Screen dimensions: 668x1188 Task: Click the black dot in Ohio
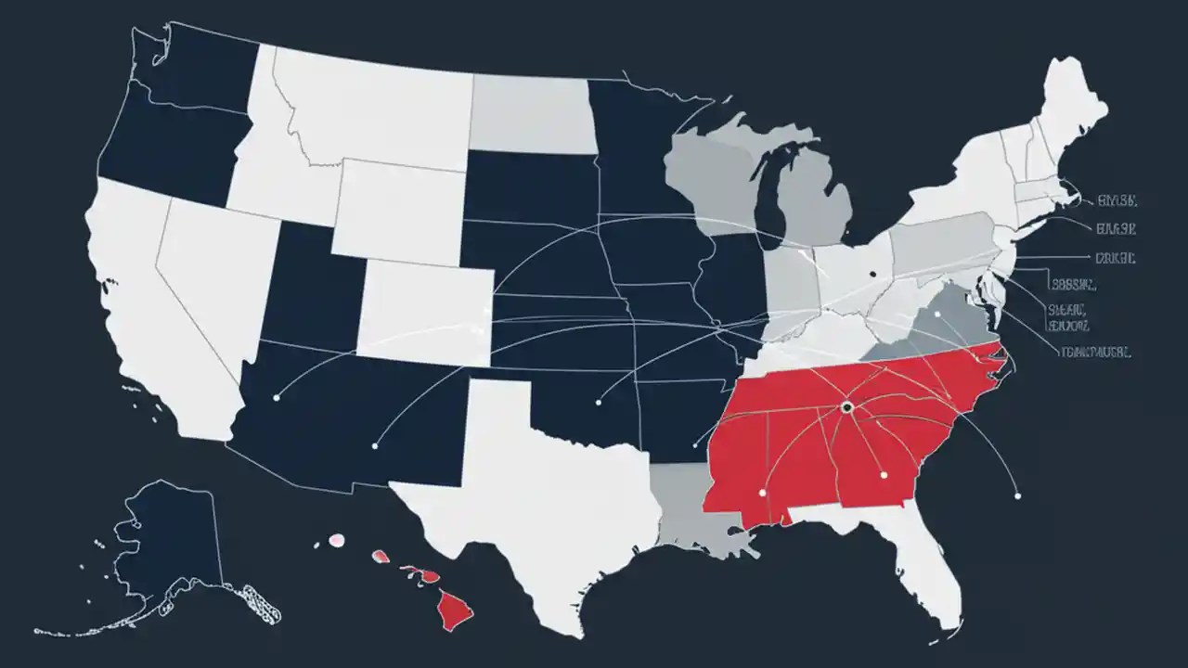tap(873, 274)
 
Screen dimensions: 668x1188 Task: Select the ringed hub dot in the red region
tap(846, 406)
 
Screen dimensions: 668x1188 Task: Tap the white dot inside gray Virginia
tap(938, 315)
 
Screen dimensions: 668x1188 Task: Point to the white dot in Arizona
tap(277, 397)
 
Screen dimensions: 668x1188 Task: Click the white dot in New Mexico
tap(374, 445)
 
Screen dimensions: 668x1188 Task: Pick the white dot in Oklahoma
tap(599, 403)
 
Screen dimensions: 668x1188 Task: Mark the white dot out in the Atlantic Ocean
tap(1017, 496)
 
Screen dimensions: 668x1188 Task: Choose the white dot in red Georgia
tap(884, 475)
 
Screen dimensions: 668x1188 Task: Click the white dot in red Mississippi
tap(762, 492)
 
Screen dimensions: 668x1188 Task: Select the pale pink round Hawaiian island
tap(337, 539)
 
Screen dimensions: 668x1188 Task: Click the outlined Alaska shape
tap(167, 547)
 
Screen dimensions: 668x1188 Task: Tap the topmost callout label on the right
tap(1117, 199)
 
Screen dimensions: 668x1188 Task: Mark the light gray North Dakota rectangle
tap(531, 113)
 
